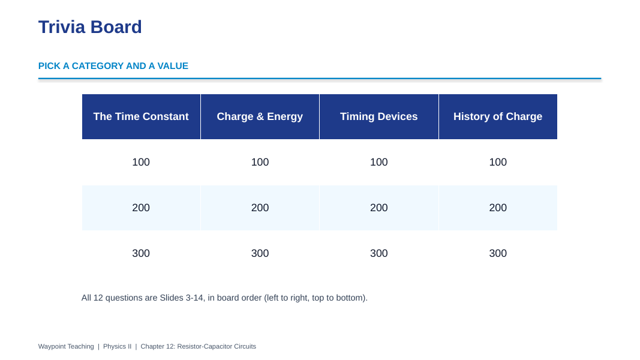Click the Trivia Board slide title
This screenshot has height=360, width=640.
tap(90, 28)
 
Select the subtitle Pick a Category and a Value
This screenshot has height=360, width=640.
tap(113, 66)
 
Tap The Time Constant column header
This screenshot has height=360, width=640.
tap(141, 117)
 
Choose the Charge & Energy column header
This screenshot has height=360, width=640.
tap(260, 117)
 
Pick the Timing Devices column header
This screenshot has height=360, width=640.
tap(378, 117)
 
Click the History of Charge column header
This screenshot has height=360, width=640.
tap(498, 117)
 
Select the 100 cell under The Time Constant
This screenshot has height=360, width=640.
tap(141, 162)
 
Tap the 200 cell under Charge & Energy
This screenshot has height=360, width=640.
tap(260, 208)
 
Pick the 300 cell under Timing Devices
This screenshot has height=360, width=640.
tap(378, 253)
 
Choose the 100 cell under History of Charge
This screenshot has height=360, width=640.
tap(498, 162)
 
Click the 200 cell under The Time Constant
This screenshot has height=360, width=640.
tap(141, 208)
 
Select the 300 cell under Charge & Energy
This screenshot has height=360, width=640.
tap(260, 253)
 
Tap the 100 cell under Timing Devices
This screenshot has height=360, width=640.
tap(378, 162)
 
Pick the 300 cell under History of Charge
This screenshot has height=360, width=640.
tap(498, 253)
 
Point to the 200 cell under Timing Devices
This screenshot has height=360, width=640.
tap(378, 208)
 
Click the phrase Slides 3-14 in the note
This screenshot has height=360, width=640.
tap(181, 298)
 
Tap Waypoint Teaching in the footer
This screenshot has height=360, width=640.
tap(66, 347)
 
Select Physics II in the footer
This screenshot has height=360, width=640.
tap(117, 347)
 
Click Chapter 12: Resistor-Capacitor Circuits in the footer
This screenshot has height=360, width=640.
tap(199, 347)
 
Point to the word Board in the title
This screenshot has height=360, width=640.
tap(116, 28)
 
